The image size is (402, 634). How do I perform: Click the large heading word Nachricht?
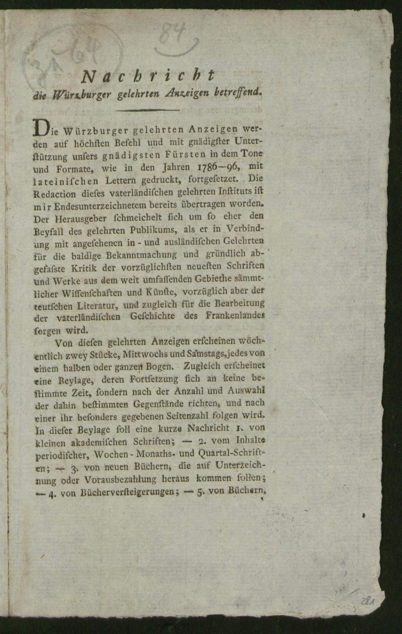[148, 76]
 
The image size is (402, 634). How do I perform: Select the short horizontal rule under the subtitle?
[147, 111]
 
